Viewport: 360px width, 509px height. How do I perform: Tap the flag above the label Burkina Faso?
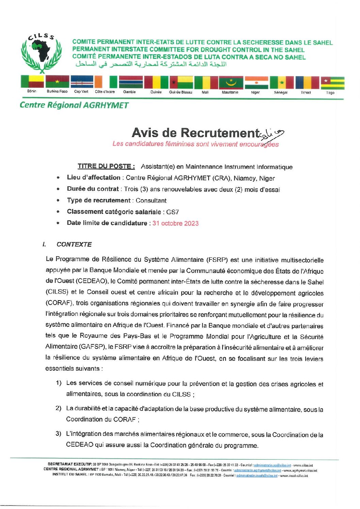[x=57, y=82]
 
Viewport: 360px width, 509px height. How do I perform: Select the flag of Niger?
[x=257, y=83]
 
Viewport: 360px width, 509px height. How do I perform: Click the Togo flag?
[x=332, y=83]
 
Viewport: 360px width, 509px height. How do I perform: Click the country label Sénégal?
[x=281, y=92]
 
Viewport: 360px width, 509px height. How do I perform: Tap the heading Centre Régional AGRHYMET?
[x=74, y=105]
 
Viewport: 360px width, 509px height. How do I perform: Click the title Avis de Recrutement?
[x=195, y=133]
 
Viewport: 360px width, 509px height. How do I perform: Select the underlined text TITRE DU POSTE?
[x=106, y=166]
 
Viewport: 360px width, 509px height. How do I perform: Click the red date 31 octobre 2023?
[x=175, y=223]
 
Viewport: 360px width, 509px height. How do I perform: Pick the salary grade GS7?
[x=173, y=212]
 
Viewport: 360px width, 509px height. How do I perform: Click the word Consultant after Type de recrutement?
[x=151, y=201]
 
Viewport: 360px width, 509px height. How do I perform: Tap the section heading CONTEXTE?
[x=74, y=244]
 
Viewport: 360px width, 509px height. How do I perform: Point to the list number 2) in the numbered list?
[x=58, y=408]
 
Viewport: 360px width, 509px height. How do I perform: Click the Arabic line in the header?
[x=151, y=64]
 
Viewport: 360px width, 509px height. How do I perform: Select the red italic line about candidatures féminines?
[x=195, y=144]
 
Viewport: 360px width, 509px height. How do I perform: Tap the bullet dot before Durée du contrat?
[x=59, y=189]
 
